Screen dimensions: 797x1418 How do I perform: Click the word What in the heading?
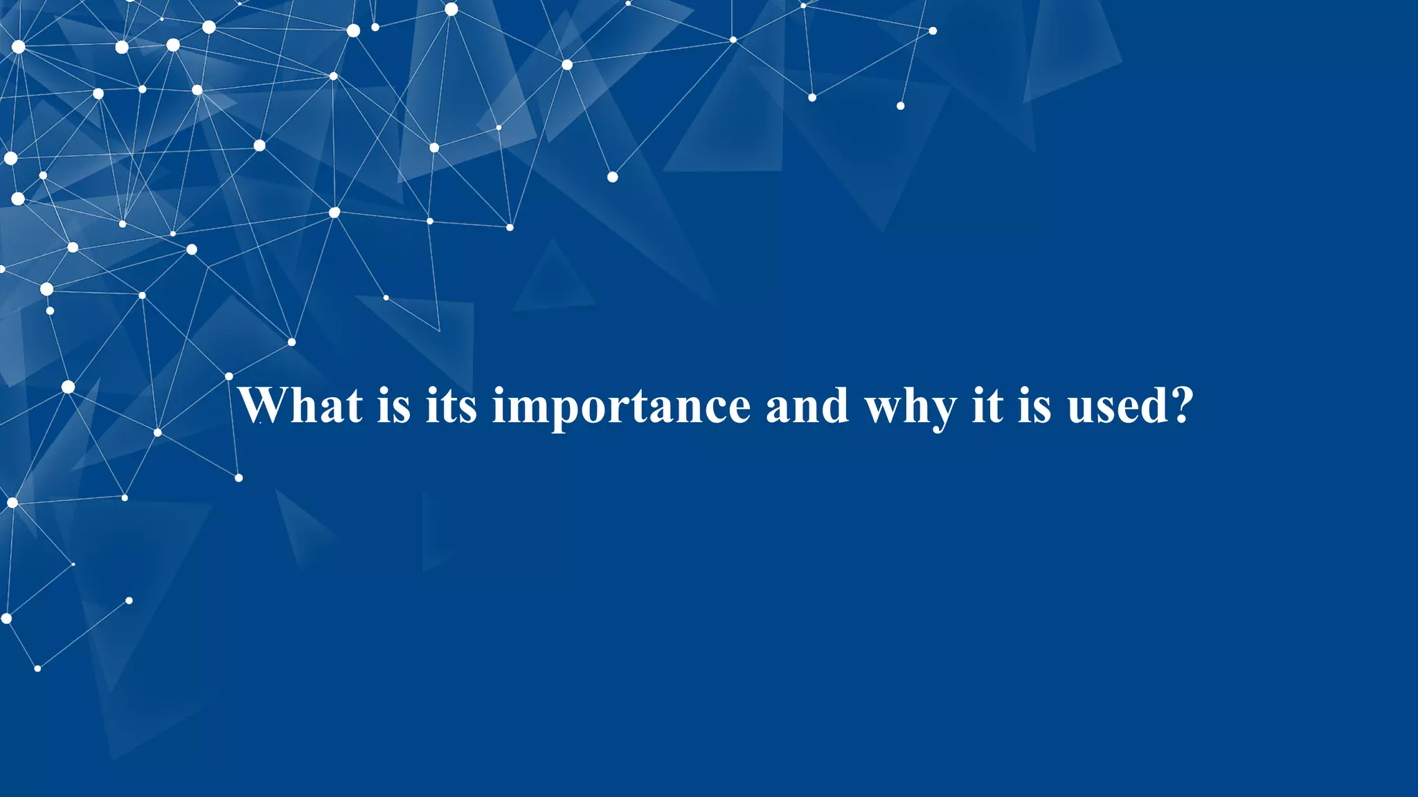[x=300, y=405]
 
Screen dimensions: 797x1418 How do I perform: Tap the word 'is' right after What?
[x=394, y=405]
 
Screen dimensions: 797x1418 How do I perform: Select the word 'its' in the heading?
[x=451, y=405]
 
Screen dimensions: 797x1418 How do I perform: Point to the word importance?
[x=621, y=407]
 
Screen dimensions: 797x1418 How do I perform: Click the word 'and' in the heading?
[x=807, y=405]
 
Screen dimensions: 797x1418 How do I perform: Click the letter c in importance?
[x=711, y=408]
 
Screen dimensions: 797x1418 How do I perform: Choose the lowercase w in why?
[x=881, y=408]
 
